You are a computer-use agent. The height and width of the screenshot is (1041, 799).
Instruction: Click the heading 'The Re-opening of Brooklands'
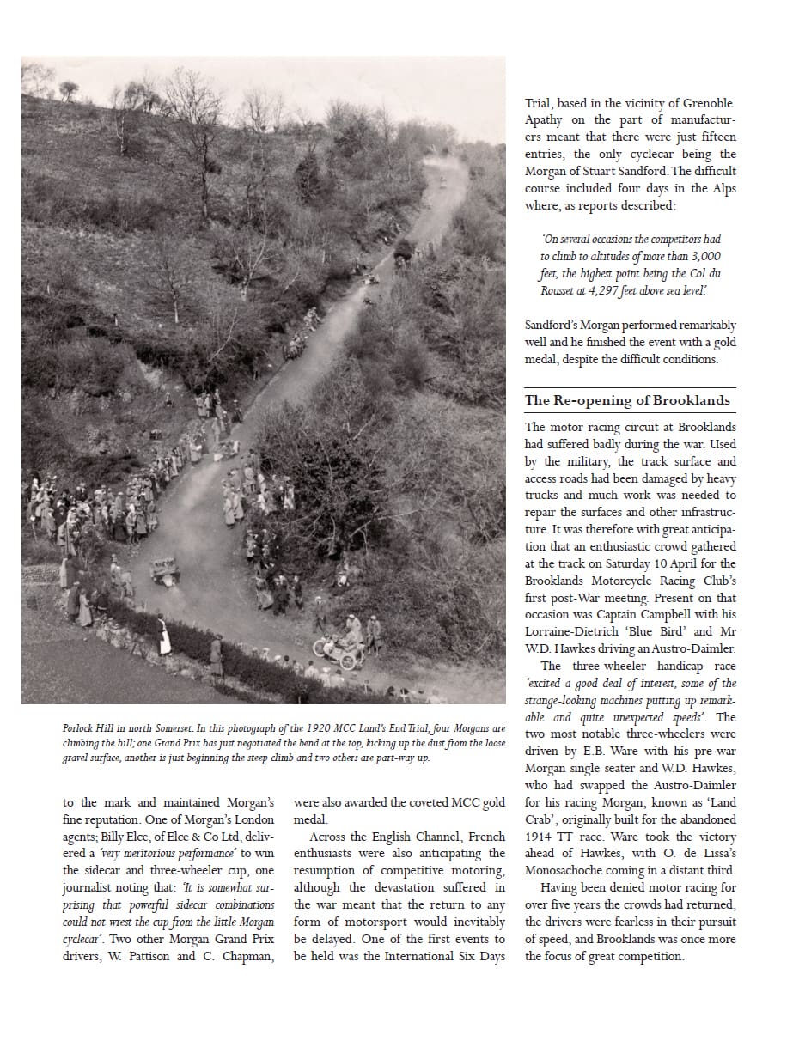(x=627, y=400)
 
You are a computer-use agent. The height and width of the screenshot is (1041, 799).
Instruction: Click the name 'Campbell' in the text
(x=676, y=614)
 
